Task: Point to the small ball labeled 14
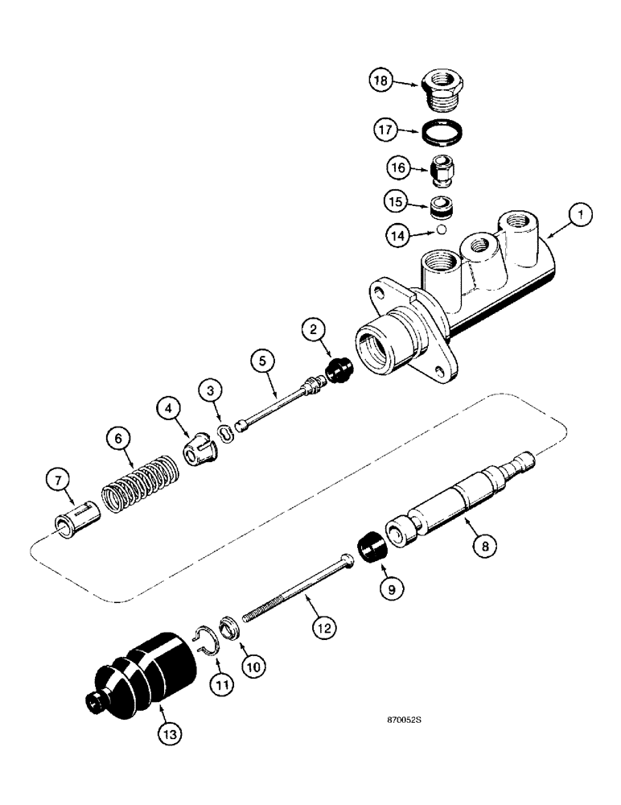[441, 230]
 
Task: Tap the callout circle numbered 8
[483, 545]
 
